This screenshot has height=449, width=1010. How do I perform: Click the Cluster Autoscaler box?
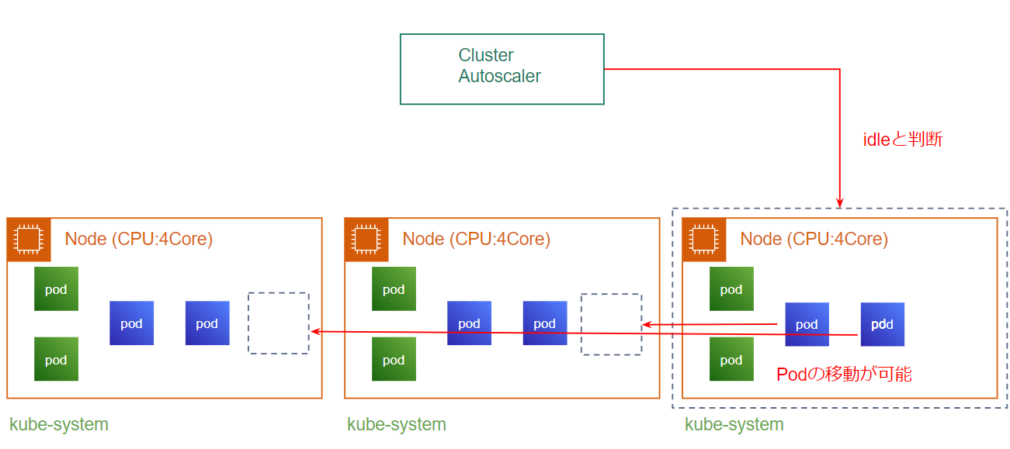tap(502, 69)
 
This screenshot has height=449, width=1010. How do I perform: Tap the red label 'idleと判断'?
tap(903, 140)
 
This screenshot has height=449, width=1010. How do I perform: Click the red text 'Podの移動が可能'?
tap(844, 375)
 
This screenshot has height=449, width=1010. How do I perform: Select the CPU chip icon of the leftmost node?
tap(29, 239)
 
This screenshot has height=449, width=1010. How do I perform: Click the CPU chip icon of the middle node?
tap(366, 239)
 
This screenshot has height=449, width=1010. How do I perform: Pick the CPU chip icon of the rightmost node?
tap(704, 239)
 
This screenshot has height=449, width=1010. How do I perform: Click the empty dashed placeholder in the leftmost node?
tap(279, 323)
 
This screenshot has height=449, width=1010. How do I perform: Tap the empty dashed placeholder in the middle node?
tap(612, 324)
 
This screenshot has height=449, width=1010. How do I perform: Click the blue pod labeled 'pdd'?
tap(882, 324)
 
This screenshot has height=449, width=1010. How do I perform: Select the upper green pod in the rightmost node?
tap(731, 289)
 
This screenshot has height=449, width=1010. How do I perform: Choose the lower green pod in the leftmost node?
tap(56, 359)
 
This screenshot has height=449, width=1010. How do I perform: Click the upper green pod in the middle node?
tap(394, 289)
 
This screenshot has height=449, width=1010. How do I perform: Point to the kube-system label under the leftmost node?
tap(59, 424)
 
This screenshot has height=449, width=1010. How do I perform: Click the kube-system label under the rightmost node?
tap(734, 424)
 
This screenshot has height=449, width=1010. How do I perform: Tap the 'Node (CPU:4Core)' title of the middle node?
tap(476, 239)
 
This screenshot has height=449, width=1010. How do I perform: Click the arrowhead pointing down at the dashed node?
tap(840, 203)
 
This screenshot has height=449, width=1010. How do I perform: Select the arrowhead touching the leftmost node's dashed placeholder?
tap(315, 332)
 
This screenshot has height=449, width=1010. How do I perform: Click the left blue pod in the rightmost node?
tap(807, 324)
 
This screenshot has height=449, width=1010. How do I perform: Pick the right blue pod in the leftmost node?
tap(207, 323)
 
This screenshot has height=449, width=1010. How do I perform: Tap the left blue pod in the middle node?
tap(469, 323)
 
